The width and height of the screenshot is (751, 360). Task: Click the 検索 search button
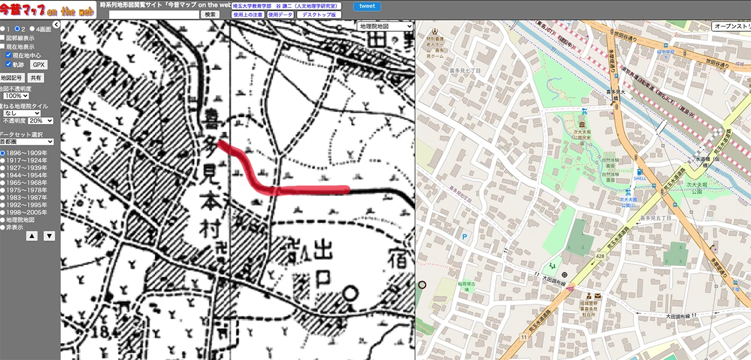(210, 14)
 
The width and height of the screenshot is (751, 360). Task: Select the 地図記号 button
(12, 78)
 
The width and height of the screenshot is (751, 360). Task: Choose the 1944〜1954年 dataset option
(3, 177)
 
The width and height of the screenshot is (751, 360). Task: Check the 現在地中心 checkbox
(9, 55)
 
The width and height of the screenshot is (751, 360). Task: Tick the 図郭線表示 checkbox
(3, 38)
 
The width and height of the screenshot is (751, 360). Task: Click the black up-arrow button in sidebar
(31, 236)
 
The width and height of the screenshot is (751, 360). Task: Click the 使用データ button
(280, 14)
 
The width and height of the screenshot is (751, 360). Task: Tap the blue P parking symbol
(464, 237)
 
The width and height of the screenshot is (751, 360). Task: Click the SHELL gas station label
(640, 177)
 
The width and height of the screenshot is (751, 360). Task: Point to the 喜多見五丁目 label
(656, 218)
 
